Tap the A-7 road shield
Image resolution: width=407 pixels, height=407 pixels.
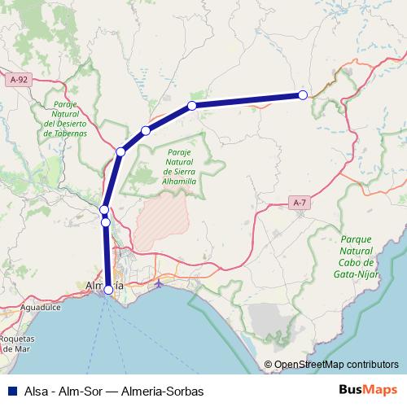(x=300, y=201)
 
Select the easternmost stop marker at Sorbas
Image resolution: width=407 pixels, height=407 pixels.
(x=303, y=95)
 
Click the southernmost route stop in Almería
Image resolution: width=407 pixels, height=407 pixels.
(x=108, y=289)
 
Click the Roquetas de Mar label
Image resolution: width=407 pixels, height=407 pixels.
(x=17, y=343)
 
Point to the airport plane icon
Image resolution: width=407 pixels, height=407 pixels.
(x=160, y=284)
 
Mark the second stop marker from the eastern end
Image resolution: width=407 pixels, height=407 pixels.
(x=192, y=106)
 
